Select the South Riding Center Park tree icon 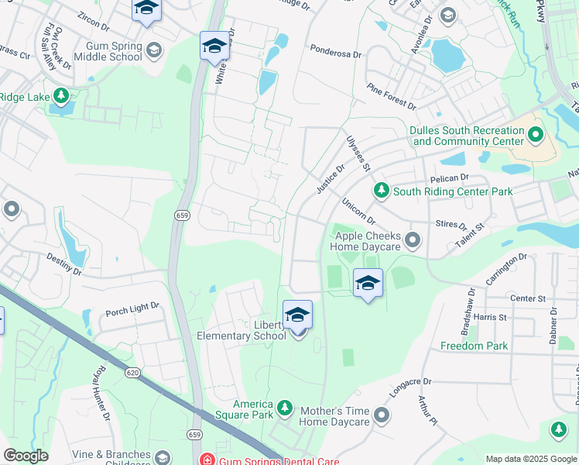pyautogui.click(x=381, y=191)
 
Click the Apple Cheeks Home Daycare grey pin pyautogui.click(x=413, y=241)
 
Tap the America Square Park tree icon pyautogui.click(x=285, y=408)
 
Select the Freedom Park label pyautogui.click(x=475, y=346)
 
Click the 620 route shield pyautogui.click(x=132, y=373)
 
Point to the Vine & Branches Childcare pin pyautogui.click(x=162, y=458)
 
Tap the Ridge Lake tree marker pyautogui.click(x=60, y=97)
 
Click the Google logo pyautogui.click(x=26, y=456)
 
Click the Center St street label pyautogui.click(x=528, y=298)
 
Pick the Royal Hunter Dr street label pyautogui.click(x=101, y=395)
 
